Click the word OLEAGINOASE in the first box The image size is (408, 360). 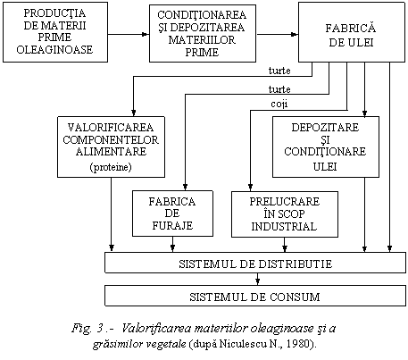click(54, 49)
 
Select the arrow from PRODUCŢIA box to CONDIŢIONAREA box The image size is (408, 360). click(129, 34)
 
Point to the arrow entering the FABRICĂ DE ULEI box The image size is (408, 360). click(278, 34)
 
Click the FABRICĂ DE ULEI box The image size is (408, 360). click(352, 32)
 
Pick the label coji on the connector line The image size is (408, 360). click(279, 105)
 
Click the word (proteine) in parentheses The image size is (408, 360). click(111, 167)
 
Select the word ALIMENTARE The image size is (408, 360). click(111, 152)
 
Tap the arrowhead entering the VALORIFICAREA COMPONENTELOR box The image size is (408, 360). click(134, 113)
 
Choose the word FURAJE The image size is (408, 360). click(172, 225)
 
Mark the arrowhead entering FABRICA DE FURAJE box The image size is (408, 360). click(185, 188)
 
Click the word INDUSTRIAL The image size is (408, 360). click(284, 226)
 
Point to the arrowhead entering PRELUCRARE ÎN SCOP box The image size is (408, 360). click(250, 188)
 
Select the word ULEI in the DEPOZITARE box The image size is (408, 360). click(325, 166)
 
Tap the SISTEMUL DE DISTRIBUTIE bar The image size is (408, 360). click(255, 263)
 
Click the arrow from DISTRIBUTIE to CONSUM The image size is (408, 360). click(258, 279)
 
